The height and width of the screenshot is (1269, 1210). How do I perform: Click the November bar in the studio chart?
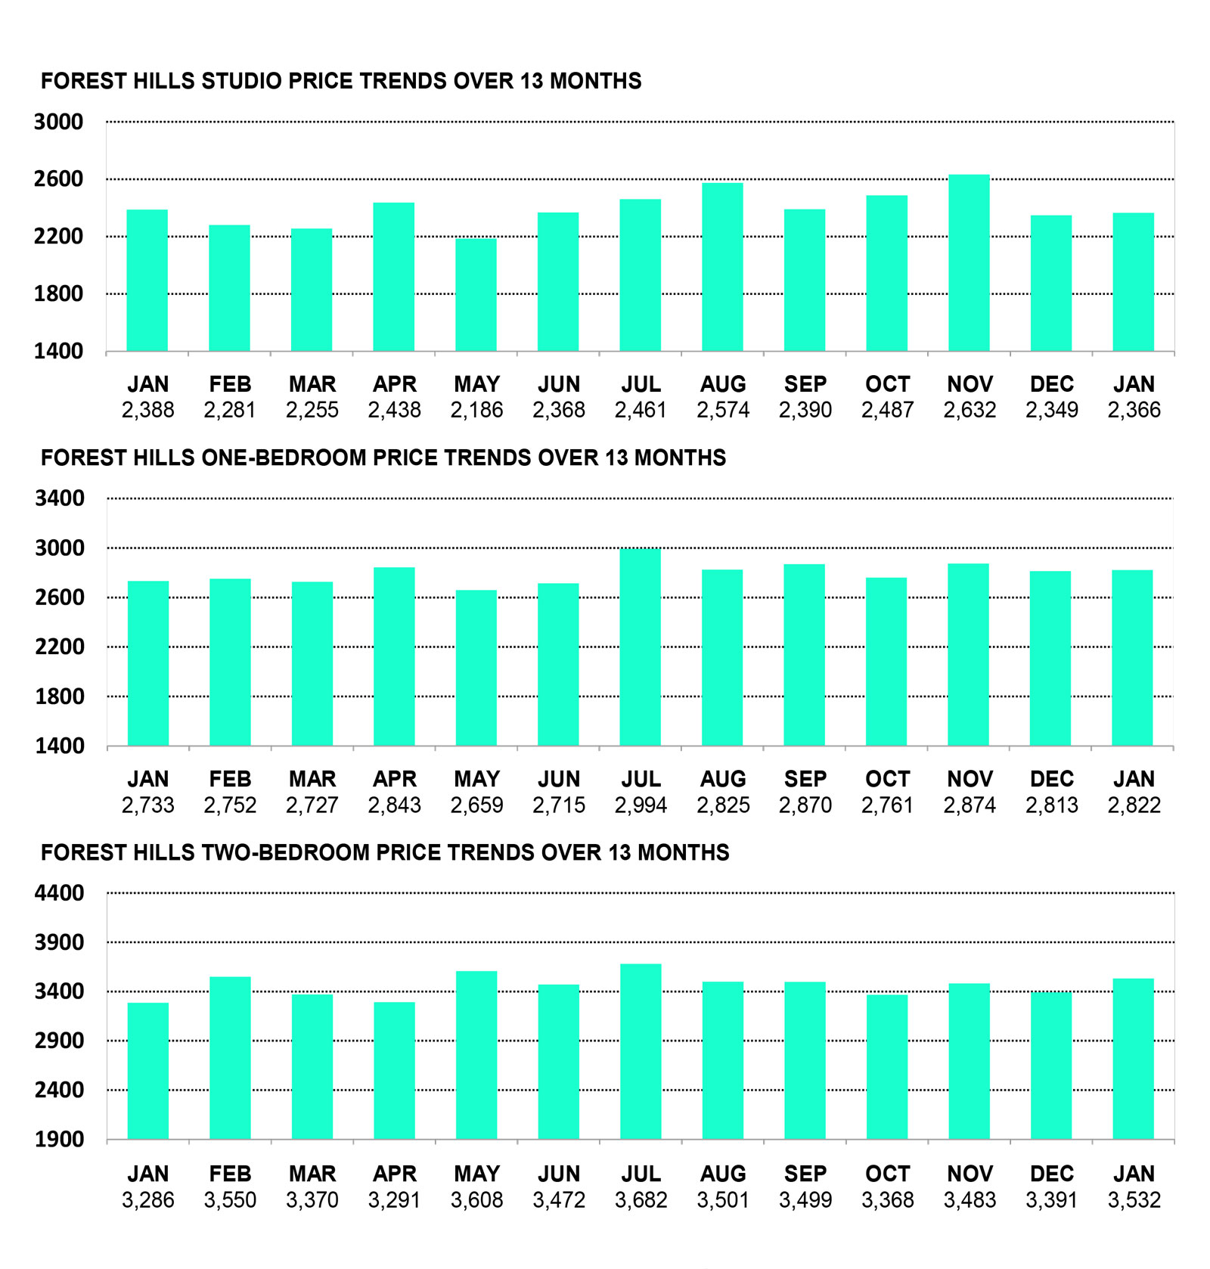pos(969,263)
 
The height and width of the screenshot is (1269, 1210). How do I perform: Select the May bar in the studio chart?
pos(476,295)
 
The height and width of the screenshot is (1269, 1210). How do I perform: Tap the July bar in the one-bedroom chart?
pos(640,647)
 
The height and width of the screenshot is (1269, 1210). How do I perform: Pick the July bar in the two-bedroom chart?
pos(641,1051)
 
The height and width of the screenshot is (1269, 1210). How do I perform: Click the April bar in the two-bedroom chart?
pos(394,1070)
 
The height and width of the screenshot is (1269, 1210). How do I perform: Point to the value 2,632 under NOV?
pos(969,410)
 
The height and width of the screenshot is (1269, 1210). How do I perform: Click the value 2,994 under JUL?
pos(641,805)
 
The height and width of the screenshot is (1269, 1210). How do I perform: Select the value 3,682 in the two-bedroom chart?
pos(641,1199)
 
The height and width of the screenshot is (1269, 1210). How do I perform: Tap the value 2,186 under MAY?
pos(476,410)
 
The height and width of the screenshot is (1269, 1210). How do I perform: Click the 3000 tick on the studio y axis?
pos(58,122)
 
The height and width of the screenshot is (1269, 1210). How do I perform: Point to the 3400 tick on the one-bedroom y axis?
pos(60,498)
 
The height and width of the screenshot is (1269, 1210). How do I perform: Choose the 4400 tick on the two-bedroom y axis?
pos(59,893)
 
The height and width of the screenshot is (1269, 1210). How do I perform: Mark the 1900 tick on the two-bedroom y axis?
pos(59,1139)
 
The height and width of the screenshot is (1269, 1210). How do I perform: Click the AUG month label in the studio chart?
pos(722,384)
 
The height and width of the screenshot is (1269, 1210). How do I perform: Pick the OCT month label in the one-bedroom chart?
pos(887,779)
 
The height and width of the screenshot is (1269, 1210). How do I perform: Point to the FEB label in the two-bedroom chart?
pos(230,1174)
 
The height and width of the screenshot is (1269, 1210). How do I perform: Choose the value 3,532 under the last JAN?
pos(1134,1199)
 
